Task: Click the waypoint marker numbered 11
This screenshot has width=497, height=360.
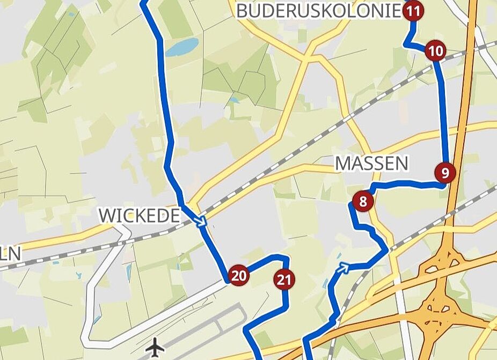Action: (413, 11)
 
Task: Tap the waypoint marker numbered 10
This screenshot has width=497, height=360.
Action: (435, 52)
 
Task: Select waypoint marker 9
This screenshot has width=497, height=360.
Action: (445, 172)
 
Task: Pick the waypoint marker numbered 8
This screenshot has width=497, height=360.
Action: (363, 202)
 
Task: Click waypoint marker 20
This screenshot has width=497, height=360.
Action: (239, 276)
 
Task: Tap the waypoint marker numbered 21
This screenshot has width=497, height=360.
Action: (284, 279)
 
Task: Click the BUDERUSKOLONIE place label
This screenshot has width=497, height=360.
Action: (319, 11)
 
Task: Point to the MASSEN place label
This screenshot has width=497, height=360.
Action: (371, 163)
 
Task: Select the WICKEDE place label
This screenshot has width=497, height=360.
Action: (139, 216)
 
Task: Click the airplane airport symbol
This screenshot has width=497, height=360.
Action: (155, 347)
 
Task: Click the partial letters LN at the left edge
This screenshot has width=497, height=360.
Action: (10, 253)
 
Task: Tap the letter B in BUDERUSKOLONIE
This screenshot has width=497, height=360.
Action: (243, 11)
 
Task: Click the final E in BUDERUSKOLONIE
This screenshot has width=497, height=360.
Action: (396, 11)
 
